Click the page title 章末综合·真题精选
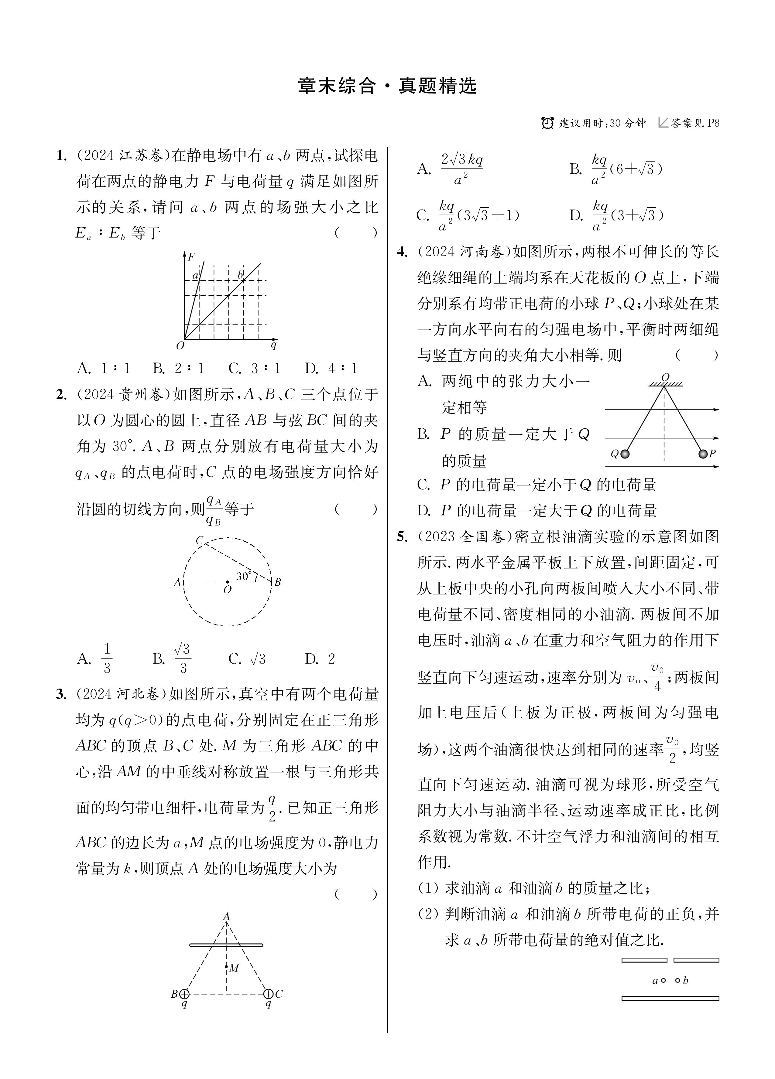[x=387, y=86]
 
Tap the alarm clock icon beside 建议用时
[x=547, y=123]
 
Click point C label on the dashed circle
[x=200, y=540]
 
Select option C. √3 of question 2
[x=248, y=659]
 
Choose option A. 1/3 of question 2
[x=95, y=659]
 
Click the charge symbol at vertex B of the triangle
[x=184, y=994]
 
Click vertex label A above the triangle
[x=227, y=916]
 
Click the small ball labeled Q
[x=625, y=454]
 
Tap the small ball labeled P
[x=703, y=454]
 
